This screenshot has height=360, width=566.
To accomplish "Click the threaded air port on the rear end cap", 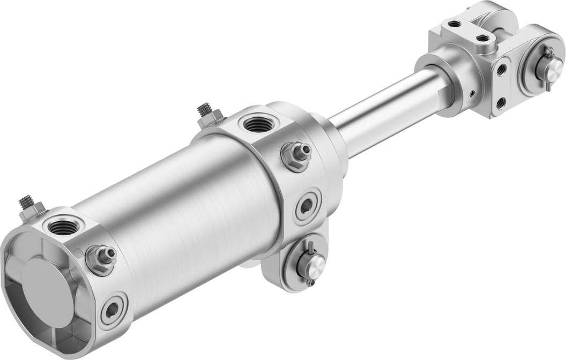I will point(64,227).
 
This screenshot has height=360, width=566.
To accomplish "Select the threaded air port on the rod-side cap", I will point(258,124).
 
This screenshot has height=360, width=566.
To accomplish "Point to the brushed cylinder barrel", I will point(182,204).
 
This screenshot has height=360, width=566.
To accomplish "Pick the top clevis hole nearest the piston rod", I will point(454,24).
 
